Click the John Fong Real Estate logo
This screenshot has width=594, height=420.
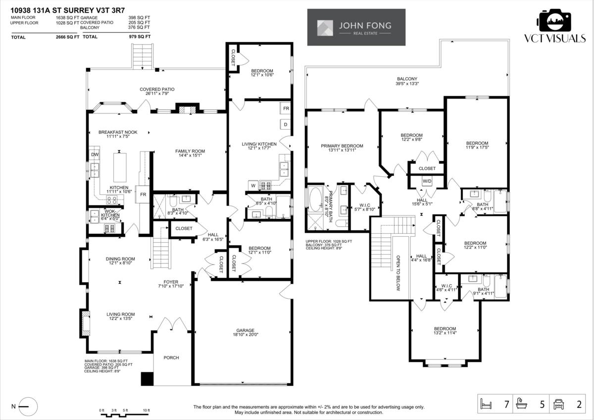356,27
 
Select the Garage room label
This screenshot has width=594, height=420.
245,332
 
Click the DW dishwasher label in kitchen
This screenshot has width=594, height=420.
94,155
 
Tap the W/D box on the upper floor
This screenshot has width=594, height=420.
427,181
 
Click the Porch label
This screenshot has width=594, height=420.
171,358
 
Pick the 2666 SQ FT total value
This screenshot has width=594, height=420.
67,37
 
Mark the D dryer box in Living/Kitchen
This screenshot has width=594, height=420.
286,124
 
